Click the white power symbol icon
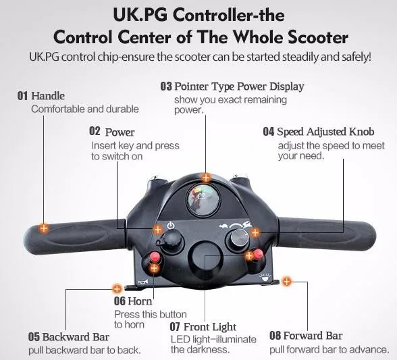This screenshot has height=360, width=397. point(170,225)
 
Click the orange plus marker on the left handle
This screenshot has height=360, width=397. point(44,228)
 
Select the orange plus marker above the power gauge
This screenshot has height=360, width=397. point(207,176)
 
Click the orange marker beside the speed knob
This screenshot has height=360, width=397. point(255,232)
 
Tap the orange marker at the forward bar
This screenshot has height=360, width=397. point(286,281)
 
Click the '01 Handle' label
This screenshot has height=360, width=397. point(41,96)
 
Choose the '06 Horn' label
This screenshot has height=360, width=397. point(129,301)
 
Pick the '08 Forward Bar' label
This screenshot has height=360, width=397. point(306,336)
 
